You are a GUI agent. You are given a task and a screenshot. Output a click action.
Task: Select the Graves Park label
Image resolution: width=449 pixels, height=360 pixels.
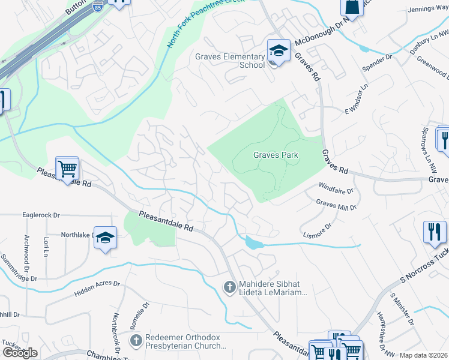276,155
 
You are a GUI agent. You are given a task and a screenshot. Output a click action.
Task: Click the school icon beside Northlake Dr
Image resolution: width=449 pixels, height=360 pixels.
105,238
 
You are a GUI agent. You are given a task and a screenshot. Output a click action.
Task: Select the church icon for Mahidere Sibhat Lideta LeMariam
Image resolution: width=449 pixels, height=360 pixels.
228,287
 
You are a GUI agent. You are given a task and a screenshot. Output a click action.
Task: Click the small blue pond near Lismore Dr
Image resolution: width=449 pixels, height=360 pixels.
253,243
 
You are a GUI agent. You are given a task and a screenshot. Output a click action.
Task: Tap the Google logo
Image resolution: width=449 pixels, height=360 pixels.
20,352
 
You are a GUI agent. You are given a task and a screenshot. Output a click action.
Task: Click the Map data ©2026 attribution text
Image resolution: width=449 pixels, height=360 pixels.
423,355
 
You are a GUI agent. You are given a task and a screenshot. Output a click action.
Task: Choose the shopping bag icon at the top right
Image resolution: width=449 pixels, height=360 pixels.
351,7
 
